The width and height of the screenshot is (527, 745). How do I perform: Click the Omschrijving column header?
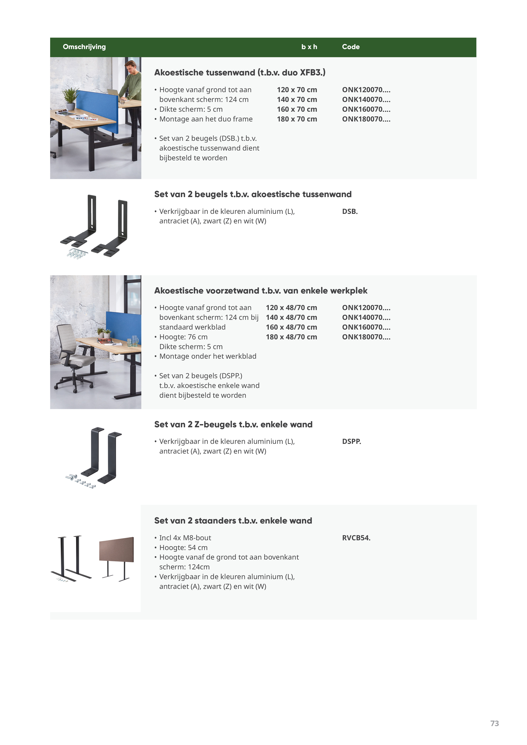[x=84, y=47]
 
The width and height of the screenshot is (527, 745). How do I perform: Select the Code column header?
[x=351, y=47]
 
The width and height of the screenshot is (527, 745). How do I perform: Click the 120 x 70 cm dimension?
[x=297, y=90]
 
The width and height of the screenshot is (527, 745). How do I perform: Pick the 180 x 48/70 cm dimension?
[x=291, y=337]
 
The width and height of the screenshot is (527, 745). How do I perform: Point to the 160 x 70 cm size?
[x=297, y=109]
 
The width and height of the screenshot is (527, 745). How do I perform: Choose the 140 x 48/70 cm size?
[x=291, y=318]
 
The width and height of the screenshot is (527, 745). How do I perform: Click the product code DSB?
[x=350, y=212]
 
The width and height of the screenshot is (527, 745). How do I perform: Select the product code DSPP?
[x=351, y=442]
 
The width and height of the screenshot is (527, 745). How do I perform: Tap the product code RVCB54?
[x=356, y=538]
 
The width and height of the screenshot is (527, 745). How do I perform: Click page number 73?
[x=494, y=723]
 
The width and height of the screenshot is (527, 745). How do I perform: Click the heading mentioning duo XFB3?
[x=240, y=73]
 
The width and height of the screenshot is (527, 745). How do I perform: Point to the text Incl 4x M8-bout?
[x=185, y=538]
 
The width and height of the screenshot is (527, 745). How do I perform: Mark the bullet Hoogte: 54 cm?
[x=183, y=548]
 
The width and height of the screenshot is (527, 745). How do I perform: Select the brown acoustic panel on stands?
[x=116, y=549]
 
